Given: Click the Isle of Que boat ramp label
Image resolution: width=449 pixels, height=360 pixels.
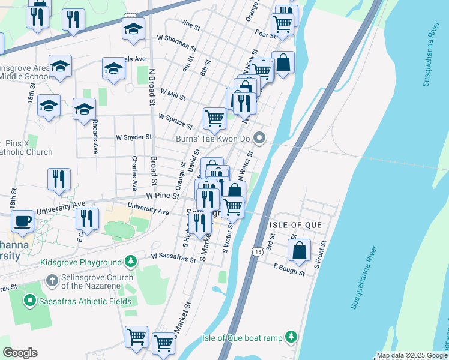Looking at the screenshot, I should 242,338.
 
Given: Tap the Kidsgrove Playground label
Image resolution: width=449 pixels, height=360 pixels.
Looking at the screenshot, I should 81,262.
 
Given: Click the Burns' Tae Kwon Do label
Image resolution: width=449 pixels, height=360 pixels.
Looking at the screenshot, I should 212,139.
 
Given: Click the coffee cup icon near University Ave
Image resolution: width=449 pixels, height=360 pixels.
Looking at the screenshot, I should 23,221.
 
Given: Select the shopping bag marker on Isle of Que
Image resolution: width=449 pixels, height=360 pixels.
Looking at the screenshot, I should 299,250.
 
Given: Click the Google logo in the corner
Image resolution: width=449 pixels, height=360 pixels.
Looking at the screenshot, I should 20,353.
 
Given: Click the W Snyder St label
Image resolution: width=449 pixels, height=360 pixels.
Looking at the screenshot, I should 134,137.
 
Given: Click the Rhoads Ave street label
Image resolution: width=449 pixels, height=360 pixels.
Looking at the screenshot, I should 95,137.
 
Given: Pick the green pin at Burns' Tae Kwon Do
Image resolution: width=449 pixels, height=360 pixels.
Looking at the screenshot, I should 259,139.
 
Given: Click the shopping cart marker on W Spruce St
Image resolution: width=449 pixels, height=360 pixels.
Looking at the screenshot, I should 214,118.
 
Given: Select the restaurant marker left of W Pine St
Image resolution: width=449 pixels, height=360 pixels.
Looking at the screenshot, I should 59,179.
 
